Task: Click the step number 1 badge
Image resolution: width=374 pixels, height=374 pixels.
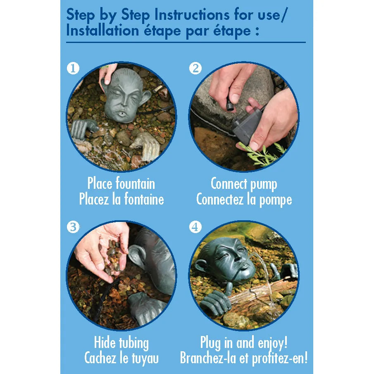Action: tap(73, 69)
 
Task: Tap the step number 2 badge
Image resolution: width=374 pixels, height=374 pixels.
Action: tap(195, 69)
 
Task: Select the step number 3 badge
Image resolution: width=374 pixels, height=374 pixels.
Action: tap(73, 227)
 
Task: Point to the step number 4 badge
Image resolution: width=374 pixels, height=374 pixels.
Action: tap(195, 227)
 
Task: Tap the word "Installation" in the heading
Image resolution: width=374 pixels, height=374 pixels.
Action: tap(102, 31)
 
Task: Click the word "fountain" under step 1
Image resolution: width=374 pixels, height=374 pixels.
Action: tap(135, 183)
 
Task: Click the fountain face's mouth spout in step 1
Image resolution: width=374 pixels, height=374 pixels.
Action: tap(122, 113)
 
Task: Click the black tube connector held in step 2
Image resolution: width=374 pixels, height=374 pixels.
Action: tap(230, 105)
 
